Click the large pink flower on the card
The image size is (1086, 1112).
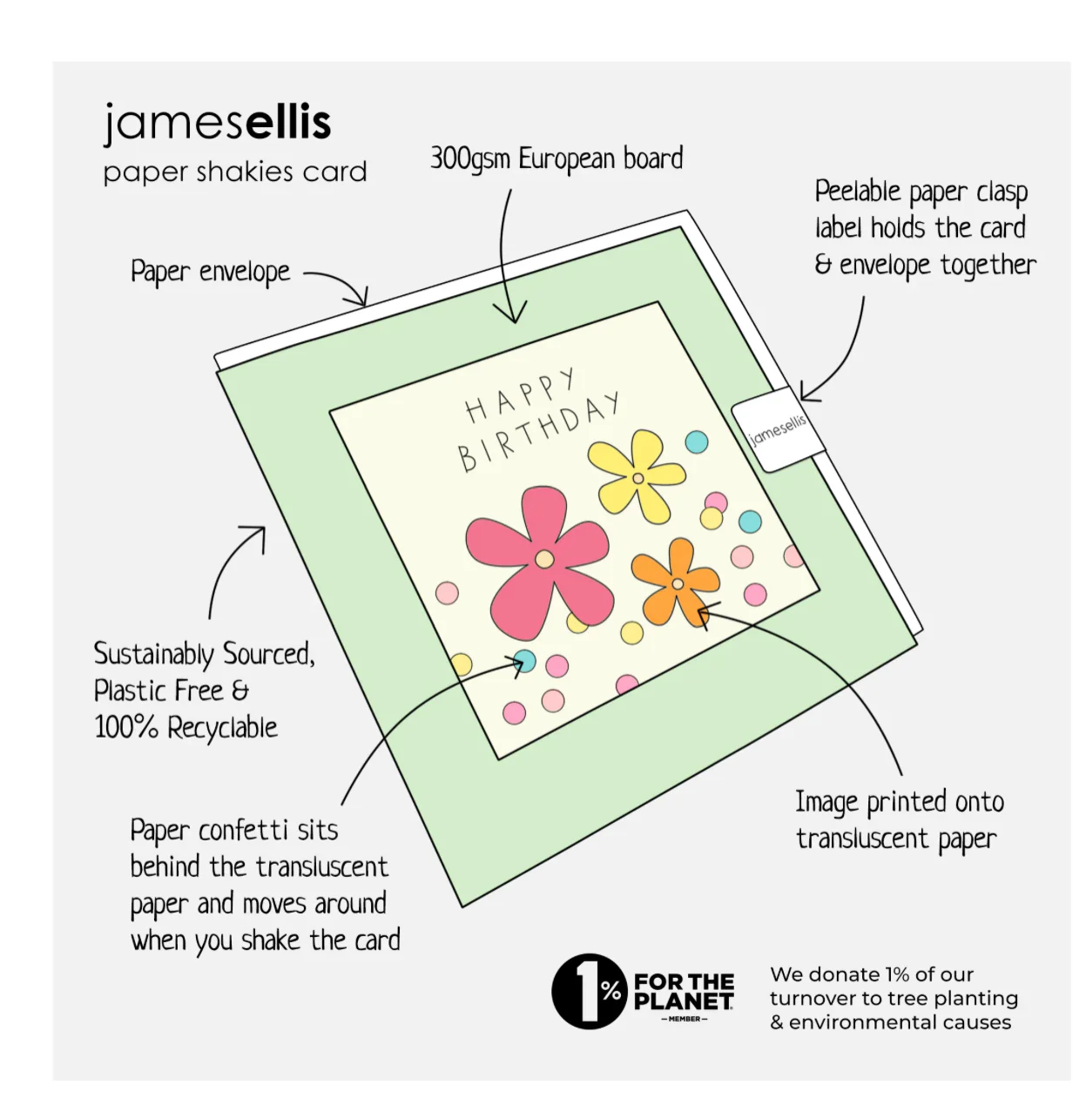[x=540, y=563]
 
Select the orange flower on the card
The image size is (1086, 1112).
[x=676, y=583]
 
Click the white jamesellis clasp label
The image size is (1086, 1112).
[x=778, y=428]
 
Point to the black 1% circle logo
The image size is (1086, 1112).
[x=589, y=991]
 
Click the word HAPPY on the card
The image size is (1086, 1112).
[x=519, y=395]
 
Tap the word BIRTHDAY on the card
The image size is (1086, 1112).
[x=538, y=431]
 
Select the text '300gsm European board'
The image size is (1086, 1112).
[x=556, y=158]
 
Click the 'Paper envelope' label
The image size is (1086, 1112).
[x=211, y=272]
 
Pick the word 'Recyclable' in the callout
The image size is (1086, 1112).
[x=222, y=727]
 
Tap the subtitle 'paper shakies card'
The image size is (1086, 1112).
[x=235, y=172]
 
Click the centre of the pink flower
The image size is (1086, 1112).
[x=544, y=559]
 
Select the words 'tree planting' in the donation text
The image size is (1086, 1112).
[x=957, y=998]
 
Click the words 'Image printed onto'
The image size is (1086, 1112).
[x=900, y=802]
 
